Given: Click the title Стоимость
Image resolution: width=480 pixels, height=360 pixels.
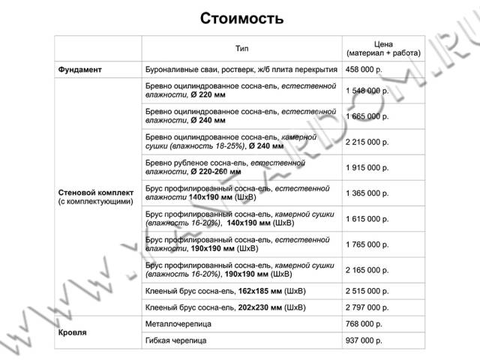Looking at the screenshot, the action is coord(241,18).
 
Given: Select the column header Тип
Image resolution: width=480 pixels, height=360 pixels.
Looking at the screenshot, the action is coord(241,48).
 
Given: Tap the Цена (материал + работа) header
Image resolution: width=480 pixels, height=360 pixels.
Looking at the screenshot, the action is coord(383,48).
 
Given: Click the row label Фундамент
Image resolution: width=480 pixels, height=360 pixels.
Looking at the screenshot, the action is coord(79,70).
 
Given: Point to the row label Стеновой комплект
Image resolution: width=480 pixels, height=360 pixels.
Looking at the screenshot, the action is coord(96,193).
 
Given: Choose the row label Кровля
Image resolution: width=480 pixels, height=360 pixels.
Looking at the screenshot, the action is coord(72,332).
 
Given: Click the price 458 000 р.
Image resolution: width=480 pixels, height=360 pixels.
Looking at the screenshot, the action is coord(364,70).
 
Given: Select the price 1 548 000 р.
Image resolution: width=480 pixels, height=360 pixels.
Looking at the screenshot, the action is coord(367,91).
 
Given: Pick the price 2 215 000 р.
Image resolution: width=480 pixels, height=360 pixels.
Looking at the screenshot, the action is coord(367,142).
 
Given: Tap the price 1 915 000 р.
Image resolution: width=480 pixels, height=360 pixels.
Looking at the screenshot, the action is coord(367,167).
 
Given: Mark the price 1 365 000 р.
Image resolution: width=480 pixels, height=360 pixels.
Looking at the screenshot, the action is coord(367,193).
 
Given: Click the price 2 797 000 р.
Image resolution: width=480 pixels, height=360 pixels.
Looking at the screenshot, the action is coord(367,307).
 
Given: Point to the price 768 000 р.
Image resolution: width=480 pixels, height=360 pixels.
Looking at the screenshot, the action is coord(364,324).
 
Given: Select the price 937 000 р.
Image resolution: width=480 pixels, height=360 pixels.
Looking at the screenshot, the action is coord(364,340).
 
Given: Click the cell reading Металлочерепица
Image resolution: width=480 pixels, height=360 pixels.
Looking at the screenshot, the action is coord(178,324).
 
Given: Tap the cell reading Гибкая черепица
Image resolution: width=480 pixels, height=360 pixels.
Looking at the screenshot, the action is coord(175,340).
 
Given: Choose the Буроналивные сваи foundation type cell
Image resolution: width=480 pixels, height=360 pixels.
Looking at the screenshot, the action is coord(241,70).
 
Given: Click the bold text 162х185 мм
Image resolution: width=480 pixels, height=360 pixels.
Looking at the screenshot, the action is coord(260,291).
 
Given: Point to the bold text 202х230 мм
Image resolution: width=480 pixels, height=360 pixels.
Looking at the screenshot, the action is coord(260,307).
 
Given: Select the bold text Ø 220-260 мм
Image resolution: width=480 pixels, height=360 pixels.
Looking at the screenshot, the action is coord(216,172).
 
